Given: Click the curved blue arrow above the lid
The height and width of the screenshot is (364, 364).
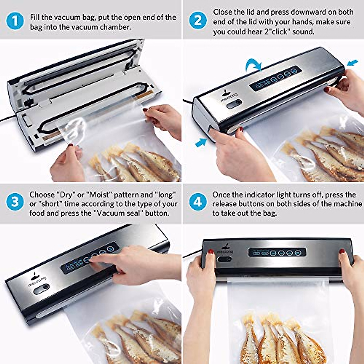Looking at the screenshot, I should click(x=254, y=64).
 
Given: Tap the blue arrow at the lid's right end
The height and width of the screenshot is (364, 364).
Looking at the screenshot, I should click(x=352, y=63).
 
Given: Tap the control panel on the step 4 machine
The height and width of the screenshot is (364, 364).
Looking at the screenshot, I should click(x=277, y=252).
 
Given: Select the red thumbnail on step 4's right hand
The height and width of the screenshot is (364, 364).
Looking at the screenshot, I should click(x=342, y=251).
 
